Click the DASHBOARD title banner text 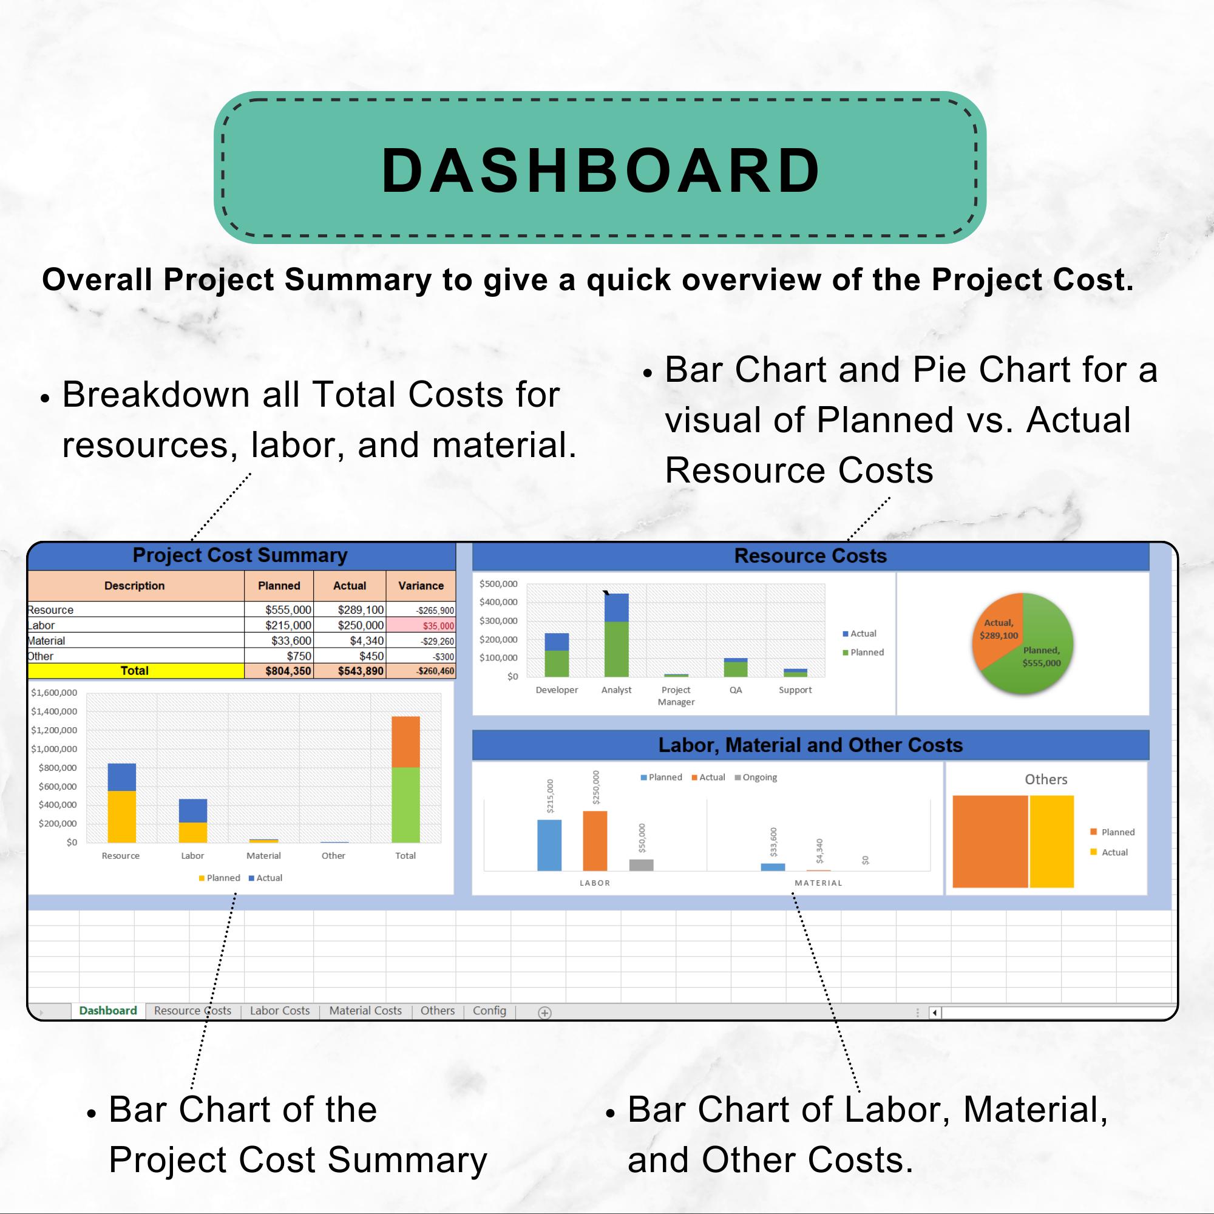click(601, 171)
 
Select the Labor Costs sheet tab click(280, 1011)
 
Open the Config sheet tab click(489, 1011)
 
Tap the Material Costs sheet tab click(365, 1011)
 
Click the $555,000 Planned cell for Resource click(279, 609)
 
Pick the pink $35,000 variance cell click(421, 625)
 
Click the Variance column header click(421, 586)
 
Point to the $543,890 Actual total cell click(350, 671)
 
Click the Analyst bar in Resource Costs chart click(617, 636)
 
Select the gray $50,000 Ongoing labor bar click(641, 864)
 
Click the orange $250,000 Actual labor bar click(595, 841)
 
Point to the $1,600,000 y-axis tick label click(54, 693)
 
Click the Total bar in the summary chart click(405, 779)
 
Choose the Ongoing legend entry click(756, 778)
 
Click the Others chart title click(1046, 779)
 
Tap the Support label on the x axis click(795, 690)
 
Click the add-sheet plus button click(545, 1012)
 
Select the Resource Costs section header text click(810, 555)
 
